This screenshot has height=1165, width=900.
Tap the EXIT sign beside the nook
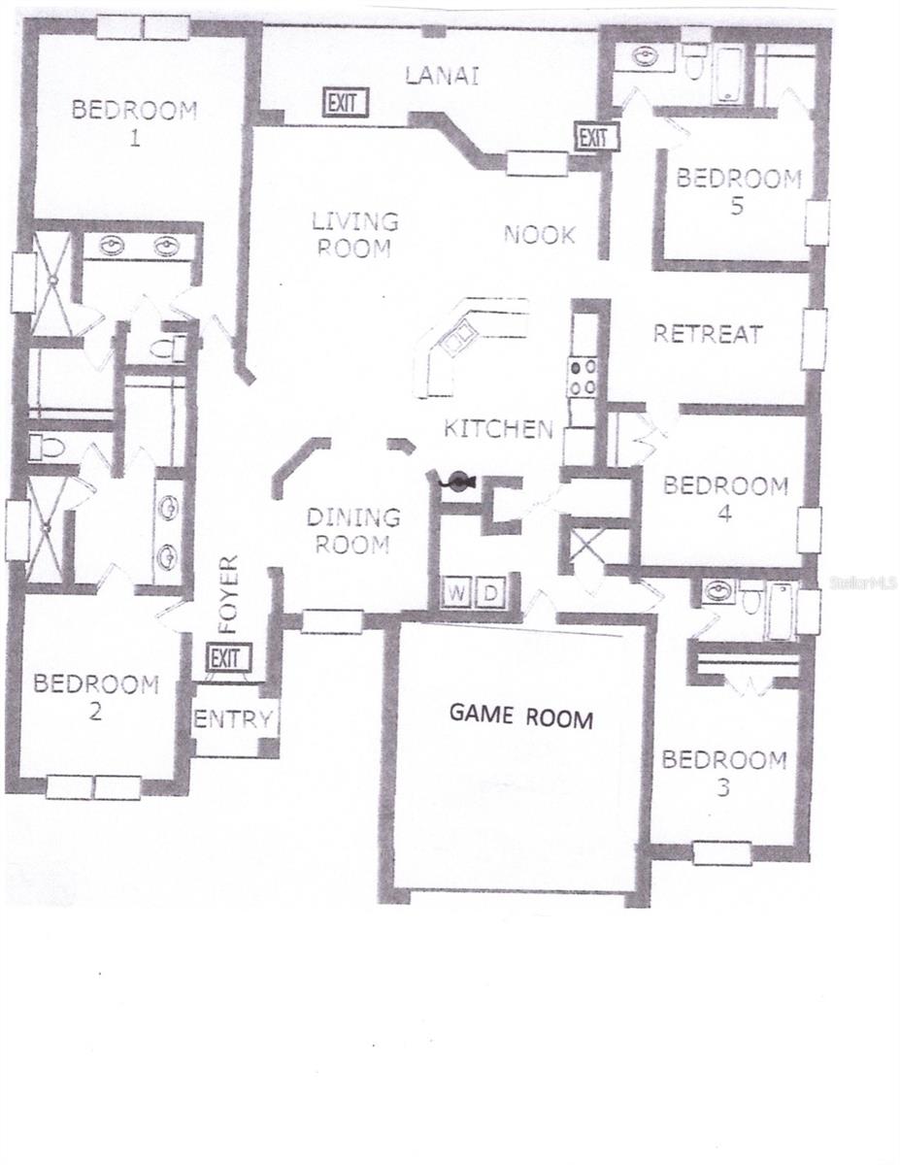[x=594, y=138]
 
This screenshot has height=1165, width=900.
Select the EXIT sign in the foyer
[x=229, y=658]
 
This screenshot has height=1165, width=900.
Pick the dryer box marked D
[x=490, y=591]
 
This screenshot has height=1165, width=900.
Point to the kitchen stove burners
[x=582, y=377]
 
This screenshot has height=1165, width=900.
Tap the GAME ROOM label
[x=520, y=717]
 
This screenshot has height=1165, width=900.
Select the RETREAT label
[x=708, y=334]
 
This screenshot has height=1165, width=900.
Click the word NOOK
[x=539, y=234]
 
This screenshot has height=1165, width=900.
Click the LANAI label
[x=442, y=76]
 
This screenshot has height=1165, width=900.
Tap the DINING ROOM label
[x=353, y=531]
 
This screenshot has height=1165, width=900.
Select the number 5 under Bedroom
[x=738, y=207]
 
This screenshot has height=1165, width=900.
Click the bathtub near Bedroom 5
[x=727, y=75]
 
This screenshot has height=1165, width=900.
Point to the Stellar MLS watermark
[x=863, y=582]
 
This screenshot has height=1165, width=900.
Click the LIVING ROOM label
[x=354, y=234]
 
